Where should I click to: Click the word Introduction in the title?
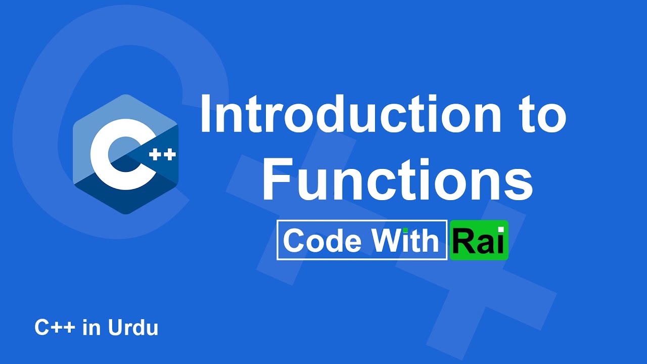tap(344, 116)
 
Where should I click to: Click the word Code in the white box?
tap(322, 241)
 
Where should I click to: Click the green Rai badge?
tap(479, 241)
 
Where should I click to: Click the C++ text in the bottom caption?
tap(55, 328)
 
